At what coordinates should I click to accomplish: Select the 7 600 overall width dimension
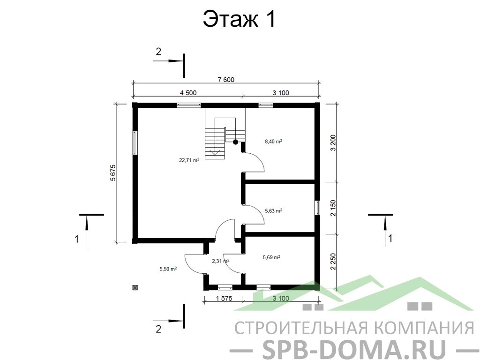(226, 80)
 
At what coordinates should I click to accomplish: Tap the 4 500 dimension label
(188, 93)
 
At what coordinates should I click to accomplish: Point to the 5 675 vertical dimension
(113, 173)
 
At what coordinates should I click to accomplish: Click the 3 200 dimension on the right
(333, 142)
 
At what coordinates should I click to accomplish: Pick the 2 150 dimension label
(333, 208)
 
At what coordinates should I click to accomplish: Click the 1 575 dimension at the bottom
(224, 298)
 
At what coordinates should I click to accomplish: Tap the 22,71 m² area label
(189, 160)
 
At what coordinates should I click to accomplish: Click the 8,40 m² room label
(273, 142)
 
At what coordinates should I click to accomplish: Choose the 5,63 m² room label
(273, 210)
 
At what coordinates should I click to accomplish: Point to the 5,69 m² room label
(271, 257)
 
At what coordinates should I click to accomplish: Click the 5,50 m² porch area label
(168, 269)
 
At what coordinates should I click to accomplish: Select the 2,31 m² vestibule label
(221, 261)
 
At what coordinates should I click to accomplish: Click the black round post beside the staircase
(235, 142)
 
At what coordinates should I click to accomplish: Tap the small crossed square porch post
(135, 287)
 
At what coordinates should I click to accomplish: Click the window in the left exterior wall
(135, 143)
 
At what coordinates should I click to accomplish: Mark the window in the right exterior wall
(317, 208)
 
